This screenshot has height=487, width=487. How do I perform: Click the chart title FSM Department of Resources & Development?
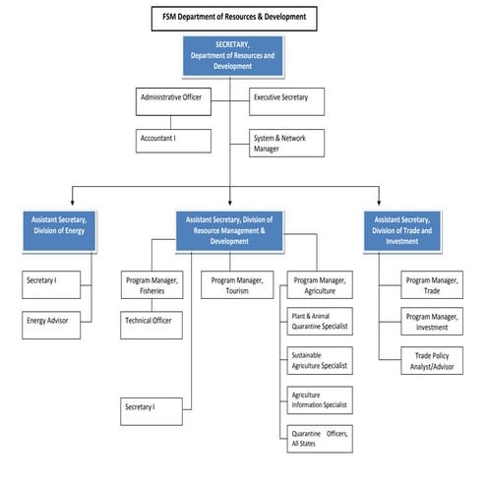pyautogui.click(x=233, y=17)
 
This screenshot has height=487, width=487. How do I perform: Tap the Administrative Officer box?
pyautogui.click(x=173, y=99)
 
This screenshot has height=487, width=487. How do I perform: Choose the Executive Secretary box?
pyautogui.click(x=286, y=99)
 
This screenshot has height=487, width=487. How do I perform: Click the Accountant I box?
pyautogui.click(x=173, y=140)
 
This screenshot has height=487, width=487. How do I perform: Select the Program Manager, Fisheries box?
pyautogui.click(x=152, y=285)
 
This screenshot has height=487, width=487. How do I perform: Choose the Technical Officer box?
pyautogui.click(x=152, y=321)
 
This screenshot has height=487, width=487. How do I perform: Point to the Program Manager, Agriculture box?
pyautogui.click(x=319, y=285)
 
